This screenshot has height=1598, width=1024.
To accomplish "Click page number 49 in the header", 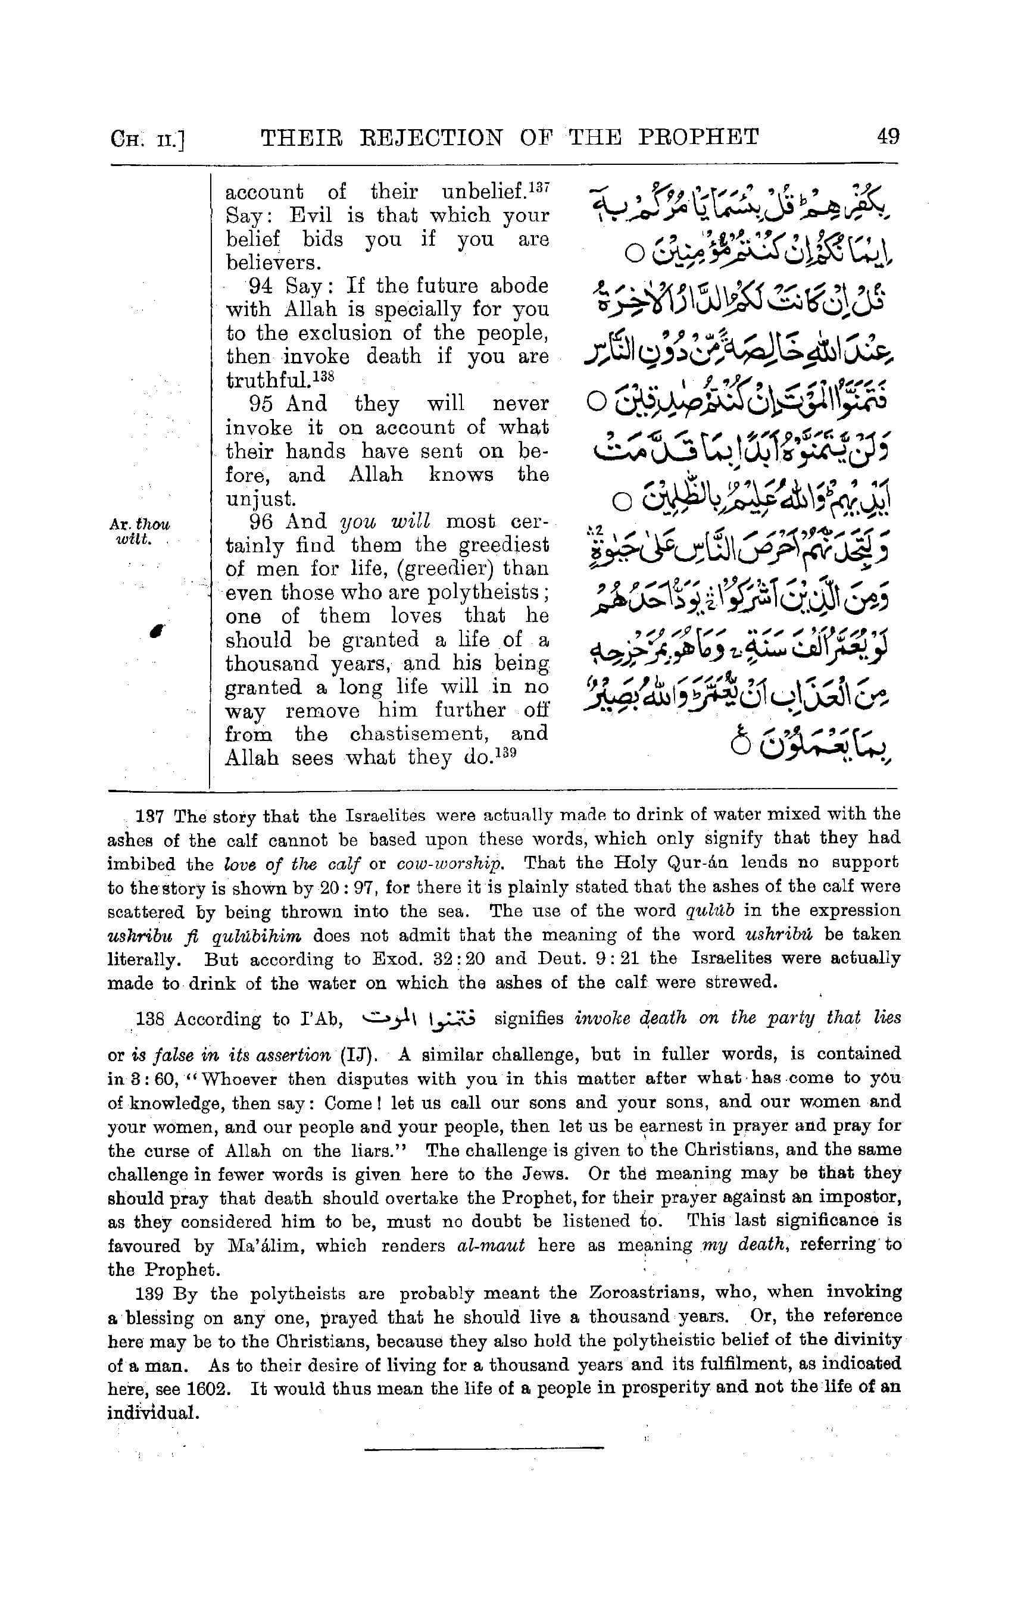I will (x=888, y=137).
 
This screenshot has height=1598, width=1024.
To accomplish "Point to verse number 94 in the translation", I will (x=261, y=286).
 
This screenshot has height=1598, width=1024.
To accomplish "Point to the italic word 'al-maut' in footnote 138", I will (x=491, y=1246).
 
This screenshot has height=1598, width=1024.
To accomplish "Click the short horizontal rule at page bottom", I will (x=484, y=1447).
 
